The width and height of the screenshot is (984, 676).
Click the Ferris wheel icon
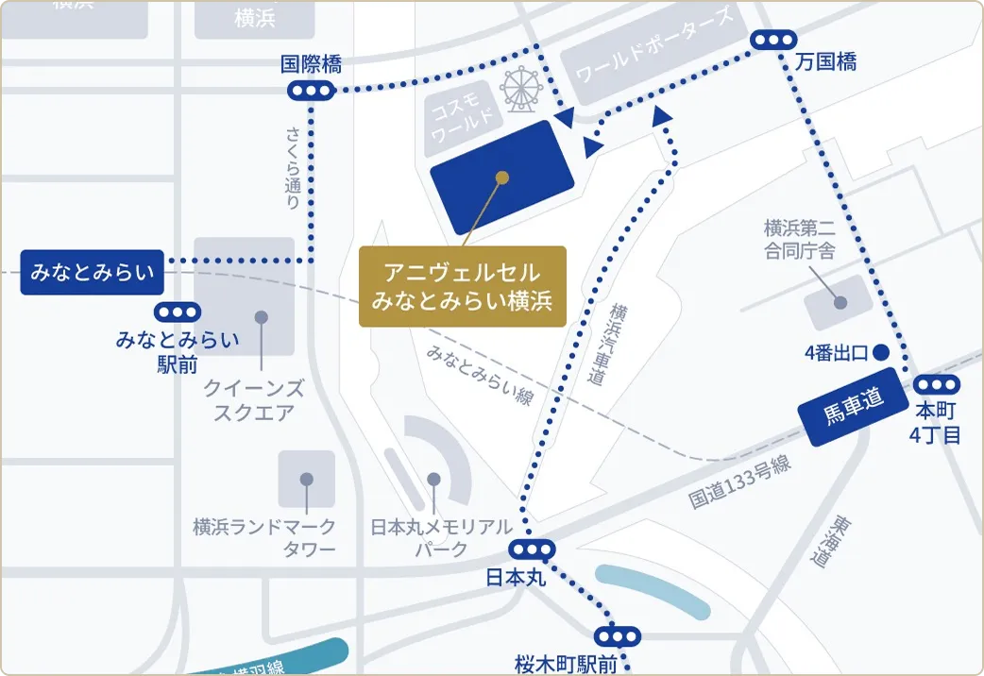click(521, 88)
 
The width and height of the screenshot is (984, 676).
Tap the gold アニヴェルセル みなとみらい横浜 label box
click(462, 286)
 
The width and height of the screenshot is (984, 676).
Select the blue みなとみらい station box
click(92, 272)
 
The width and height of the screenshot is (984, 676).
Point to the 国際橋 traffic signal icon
click(311, 91)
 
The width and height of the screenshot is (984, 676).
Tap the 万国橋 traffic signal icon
click(773, 40)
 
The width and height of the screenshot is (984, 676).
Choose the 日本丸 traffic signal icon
click(532, 549)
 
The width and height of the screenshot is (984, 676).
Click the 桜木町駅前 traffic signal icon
click(618, 635)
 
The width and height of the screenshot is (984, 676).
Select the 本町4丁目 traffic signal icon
click(937, 384)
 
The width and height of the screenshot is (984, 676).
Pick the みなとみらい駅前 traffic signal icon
click(178, 312)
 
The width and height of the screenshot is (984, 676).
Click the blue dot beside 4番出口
click(880, 353)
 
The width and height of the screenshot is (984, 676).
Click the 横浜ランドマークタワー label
click(264, 538)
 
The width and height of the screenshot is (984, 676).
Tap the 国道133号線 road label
click(738, 482)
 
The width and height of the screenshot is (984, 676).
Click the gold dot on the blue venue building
click(502, 177)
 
